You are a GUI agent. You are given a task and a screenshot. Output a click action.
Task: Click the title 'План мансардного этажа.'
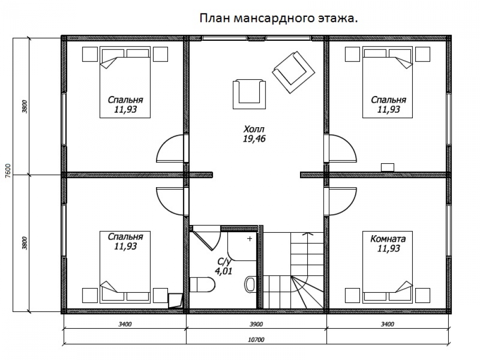click(278, 18)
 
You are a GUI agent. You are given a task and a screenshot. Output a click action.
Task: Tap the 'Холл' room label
click(254, 129)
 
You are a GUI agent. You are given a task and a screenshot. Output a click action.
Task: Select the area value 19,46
click(254, 139)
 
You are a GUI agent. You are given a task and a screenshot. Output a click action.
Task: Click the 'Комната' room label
click(388, 239)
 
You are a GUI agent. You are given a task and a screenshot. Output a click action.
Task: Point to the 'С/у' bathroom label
click(224, 262)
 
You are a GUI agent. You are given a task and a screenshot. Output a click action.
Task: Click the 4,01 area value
click(224, 271)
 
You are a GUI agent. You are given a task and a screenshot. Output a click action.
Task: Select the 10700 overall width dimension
click(256, 339)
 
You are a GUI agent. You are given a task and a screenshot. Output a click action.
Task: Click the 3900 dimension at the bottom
click(256, 324)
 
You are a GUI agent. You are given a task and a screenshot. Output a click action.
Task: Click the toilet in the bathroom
click(203, 284)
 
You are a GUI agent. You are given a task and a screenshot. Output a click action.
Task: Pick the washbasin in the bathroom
click(251, 284)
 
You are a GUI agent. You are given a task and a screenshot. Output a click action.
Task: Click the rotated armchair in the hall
click(293, 72)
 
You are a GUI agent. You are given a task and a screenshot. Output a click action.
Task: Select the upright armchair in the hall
click(249, 94)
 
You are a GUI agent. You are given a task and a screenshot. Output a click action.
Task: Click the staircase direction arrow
click(308, 234)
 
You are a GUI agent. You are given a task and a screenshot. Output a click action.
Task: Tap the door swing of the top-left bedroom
click(170, 148)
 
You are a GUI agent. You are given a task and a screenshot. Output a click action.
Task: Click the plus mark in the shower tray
click(250, 239)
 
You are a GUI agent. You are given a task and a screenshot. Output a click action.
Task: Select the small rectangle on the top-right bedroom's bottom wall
click(387, 167)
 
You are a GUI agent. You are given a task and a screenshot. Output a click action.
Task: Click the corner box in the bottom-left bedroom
click(175, 300)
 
